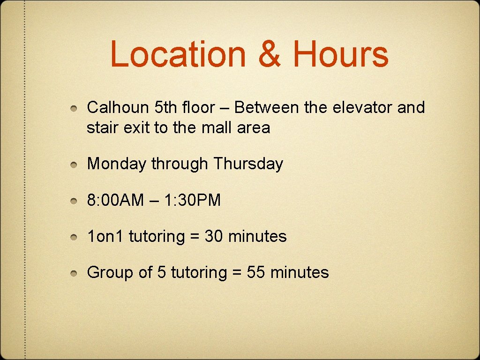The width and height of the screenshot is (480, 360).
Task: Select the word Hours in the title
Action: coord(341,54)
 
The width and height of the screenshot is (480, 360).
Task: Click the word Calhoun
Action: coord(118,107)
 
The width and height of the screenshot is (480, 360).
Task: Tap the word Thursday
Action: coord(248,164)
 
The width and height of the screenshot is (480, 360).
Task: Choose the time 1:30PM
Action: coord(192,201)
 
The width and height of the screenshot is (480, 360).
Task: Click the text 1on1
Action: coord(105,236)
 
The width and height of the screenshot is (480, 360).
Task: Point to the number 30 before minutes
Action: coord(214,236)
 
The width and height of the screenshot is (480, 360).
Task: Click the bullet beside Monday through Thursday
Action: coord(74,165)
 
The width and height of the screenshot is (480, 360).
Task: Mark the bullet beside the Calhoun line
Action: coord(74,109)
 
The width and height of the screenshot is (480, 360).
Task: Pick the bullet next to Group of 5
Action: coord(74,273)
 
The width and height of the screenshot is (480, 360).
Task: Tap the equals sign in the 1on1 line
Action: coord(195,237)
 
